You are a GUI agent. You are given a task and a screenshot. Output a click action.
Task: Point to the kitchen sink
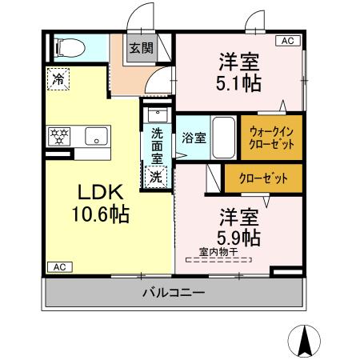[96, 136]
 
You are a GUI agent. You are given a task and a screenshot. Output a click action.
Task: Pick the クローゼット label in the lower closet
[262, 178]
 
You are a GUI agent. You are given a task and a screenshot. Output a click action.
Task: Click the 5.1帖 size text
[238, 81]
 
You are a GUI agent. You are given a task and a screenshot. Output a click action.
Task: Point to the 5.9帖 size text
[239, 238]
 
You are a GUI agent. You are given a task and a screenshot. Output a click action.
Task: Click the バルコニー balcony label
[174, 293]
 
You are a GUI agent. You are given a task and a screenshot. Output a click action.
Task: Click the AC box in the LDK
[58, 266]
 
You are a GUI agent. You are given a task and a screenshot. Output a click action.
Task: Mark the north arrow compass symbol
[305, 342]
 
